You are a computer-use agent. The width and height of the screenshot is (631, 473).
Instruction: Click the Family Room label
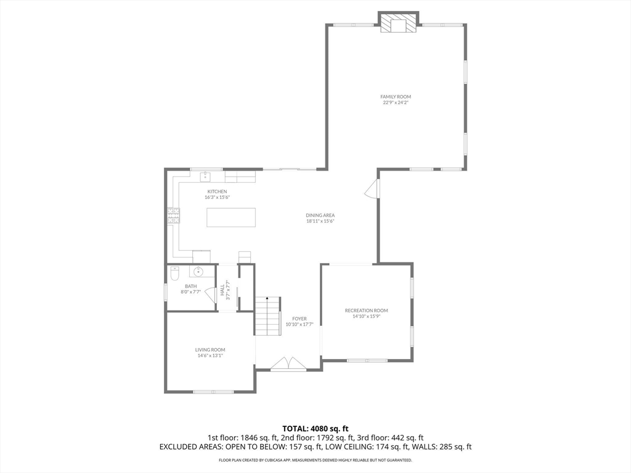(x=396, y=97)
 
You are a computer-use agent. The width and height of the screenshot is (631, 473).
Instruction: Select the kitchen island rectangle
(x=231, y=217)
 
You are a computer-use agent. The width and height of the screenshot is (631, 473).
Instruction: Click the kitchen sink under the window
(x=206, y=177)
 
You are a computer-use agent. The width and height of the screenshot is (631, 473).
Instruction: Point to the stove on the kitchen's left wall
(x=173, y=216)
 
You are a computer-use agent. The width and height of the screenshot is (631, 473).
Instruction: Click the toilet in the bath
(x=174, y=273)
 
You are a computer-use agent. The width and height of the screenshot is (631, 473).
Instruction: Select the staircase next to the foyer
(x=267, y=316)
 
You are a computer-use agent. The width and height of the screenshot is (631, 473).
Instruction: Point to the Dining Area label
(x=320, y=215)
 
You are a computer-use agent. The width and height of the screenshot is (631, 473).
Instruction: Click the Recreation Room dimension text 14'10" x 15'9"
(x=366, y=316)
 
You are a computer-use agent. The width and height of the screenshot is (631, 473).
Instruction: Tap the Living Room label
(x=210, y=350)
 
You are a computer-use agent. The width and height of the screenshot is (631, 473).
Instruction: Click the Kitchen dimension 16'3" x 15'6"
(x=217, y=198)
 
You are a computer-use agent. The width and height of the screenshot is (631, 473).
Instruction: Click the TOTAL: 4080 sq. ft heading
(x=315, y=429)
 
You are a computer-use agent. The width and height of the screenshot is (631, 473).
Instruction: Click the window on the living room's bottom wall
(x=213, y=392)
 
